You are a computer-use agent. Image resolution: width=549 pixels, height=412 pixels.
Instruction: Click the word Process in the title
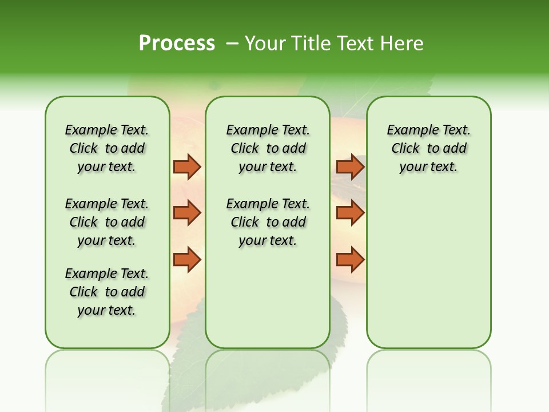(x=177, y=43)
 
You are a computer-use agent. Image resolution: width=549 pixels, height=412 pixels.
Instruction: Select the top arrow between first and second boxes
(x=187, y=167)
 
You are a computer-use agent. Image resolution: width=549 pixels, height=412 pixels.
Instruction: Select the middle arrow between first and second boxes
(x=187, y=213)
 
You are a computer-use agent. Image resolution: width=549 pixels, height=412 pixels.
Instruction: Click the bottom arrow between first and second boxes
(x=187, y=260)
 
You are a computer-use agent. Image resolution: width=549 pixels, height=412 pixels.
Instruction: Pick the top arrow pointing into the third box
(x=350, y=167)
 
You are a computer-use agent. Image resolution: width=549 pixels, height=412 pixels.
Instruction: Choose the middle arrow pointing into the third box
(x=350, y=213)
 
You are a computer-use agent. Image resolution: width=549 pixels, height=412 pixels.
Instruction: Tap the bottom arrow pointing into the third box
(x=350, y=260)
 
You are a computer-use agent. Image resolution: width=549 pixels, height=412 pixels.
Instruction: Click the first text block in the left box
(x=107, y=148)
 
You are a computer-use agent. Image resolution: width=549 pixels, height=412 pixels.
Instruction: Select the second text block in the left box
(x=107, y=222)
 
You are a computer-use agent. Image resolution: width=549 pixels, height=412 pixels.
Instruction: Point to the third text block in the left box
(x=107, y=292)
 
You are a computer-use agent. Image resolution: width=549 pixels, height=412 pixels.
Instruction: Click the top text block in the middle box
(x=268, y=148)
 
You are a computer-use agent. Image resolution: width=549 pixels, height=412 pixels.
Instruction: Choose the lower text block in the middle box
(x=268, y=222)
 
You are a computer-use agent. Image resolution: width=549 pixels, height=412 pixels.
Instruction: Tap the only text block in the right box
(x=428, y=148)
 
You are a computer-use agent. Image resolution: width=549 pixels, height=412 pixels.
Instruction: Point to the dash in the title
(x=232, y=43)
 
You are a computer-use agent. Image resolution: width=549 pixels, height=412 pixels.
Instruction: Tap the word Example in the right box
(x=407, y=130)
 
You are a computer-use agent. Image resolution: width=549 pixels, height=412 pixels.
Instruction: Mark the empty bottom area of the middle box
(x=268, y=303)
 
